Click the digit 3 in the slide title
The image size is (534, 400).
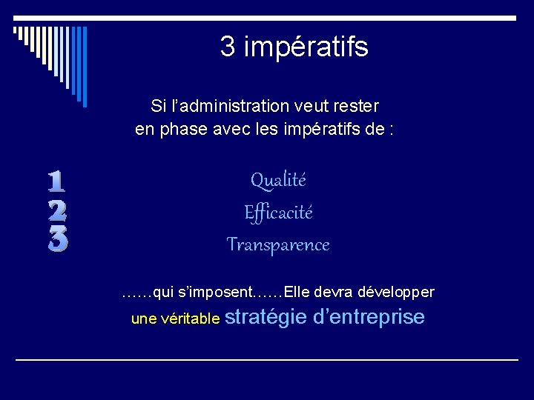[228, 47]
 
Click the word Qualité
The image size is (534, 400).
[278, 179]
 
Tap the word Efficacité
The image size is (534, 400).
[278, 213]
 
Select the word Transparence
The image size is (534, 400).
[278, 244]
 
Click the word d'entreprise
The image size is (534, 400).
[369, 317]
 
